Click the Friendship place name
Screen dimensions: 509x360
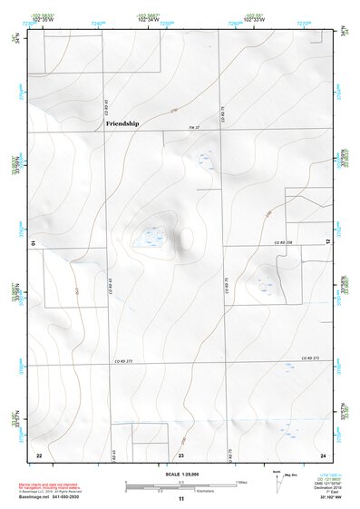click(122, 122)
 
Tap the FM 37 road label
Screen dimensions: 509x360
click(193, 129)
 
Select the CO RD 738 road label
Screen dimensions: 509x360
click(284, 243)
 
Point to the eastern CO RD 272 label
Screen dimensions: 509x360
click(308, 359)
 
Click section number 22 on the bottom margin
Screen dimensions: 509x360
click(39, 454)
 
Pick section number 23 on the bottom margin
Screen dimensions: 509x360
click(180, 454)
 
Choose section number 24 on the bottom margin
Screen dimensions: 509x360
click(322, 454)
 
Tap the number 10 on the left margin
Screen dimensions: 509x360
click(34, 243)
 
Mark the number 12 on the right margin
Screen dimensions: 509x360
click(327, 241)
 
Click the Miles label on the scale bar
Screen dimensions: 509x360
click(241, 480)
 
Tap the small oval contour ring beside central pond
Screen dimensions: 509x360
click(187, 240)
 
